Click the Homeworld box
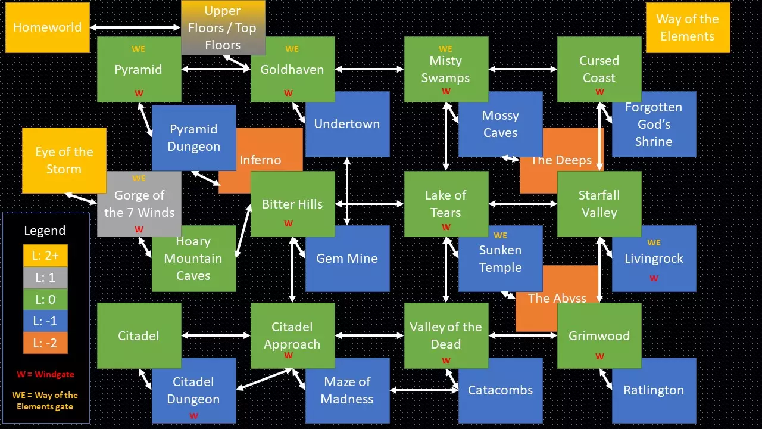47,27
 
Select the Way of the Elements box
688,27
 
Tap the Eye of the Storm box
64,160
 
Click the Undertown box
347,124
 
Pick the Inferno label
260,160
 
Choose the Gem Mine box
347,259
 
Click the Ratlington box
654,390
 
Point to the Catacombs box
500,390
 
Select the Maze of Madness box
347,390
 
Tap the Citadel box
139,335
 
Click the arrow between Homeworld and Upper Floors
135,27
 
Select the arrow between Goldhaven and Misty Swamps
370,69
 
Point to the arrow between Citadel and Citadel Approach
216,335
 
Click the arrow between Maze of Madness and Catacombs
424,390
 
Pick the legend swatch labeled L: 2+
45,256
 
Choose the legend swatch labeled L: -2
45,343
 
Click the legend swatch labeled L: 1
45,278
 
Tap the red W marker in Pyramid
139,93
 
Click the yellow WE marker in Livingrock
654,243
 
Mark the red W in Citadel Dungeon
193,416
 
